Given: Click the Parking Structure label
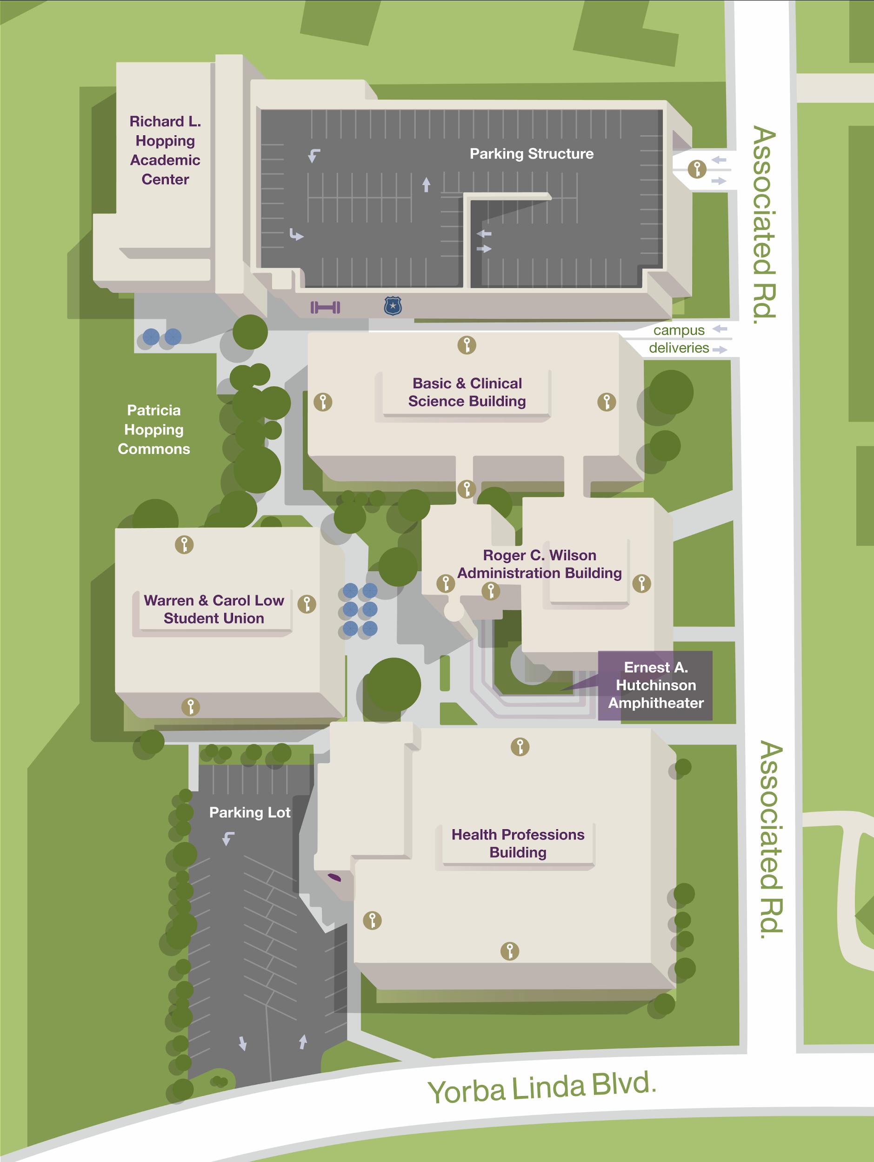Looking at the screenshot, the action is point(531,153).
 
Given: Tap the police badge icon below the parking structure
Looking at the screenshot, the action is point(393,305).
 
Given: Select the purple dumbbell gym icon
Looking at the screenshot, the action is point(325,307).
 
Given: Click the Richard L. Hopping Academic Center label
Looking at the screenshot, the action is point(165,150).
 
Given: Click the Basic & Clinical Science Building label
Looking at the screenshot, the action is point(467,392).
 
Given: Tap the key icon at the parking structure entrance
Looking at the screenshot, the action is point(697,169).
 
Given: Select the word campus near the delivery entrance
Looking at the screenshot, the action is point(679,330).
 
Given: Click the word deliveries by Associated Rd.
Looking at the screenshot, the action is point(679,348).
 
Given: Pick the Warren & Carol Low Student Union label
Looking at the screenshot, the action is point(213,609).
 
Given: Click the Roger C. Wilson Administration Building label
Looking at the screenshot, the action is point(539,564).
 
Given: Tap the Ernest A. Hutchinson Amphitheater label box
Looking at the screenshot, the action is point(655,685).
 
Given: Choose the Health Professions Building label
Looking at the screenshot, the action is point(518,843).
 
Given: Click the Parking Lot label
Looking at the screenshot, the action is point(250,812).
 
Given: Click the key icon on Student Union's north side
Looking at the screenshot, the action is point(184,545).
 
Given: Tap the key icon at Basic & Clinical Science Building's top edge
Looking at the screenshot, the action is point(467,345).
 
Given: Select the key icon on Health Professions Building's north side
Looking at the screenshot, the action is point(520,746).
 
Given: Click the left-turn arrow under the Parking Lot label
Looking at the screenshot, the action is point(228,839).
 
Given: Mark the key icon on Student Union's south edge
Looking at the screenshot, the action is point(191,706).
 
